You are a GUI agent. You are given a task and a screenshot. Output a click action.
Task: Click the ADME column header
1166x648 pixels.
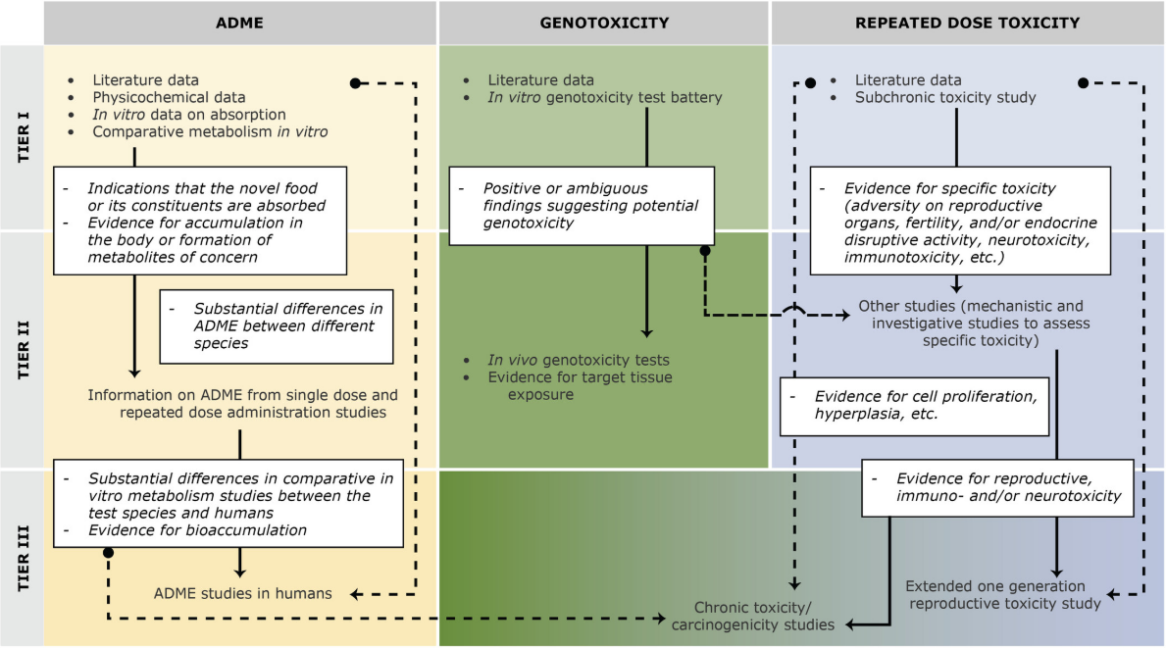(x=240, y=23)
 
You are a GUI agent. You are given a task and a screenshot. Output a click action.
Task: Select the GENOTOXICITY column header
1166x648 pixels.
(x=603, y=23)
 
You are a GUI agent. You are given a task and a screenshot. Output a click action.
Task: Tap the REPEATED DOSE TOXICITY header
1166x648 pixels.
(x=967, y=23)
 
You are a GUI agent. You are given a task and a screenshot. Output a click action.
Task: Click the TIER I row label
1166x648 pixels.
(x=21, y=138)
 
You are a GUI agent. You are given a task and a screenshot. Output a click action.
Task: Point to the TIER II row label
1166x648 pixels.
(x=21, y=350)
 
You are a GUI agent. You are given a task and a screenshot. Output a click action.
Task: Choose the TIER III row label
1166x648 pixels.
(x=21, y=557)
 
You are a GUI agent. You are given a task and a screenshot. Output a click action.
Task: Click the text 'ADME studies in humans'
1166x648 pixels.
(x=242, y=593)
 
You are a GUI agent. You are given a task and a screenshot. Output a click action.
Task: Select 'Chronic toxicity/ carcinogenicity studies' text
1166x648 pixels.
(x=753, y=616)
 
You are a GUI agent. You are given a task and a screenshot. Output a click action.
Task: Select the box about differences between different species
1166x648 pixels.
(x=277, y=325)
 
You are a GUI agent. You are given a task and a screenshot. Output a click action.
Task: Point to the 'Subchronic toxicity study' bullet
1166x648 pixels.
(x=945, y=97)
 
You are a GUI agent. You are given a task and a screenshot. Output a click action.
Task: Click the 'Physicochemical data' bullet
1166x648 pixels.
(x=169, y=97)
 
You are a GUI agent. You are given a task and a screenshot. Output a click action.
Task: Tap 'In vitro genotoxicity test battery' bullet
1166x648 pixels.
(x=605, y=97)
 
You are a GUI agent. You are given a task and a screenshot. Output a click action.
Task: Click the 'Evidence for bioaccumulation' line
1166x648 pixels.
(x=197, y=530)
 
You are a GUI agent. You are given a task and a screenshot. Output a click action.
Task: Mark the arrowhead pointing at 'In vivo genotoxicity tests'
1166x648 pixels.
(x=645, y=332)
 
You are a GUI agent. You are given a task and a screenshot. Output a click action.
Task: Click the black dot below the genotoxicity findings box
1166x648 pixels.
(x=704, y=252)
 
